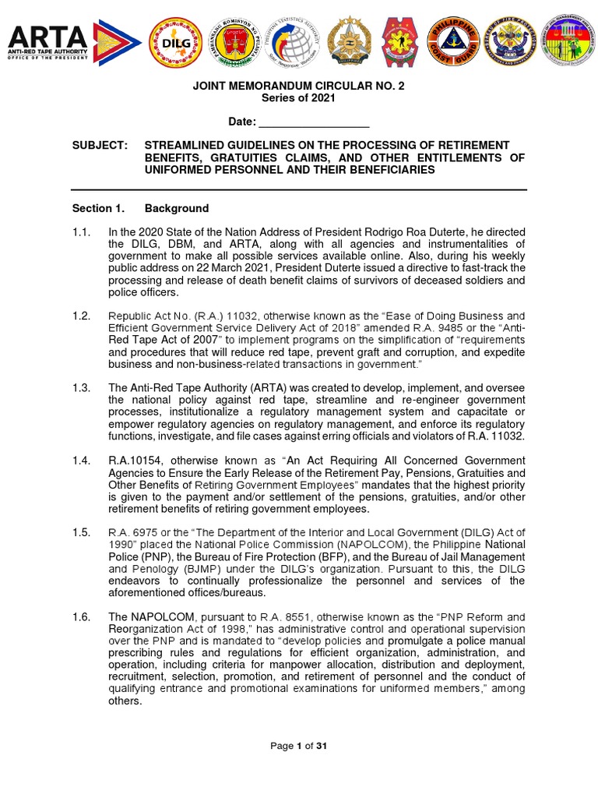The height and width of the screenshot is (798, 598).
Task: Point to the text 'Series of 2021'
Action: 298,97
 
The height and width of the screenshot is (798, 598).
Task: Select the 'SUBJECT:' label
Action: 98,146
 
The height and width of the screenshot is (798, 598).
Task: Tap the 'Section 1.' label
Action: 98,208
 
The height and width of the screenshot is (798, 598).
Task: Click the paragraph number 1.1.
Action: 82,232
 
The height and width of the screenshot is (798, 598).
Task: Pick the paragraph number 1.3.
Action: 82,388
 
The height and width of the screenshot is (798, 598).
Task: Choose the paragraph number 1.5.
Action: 82,531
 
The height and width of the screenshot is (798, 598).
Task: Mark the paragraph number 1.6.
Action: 82,617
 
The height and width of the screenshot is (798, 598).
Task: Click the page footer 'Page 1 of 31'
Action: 298,746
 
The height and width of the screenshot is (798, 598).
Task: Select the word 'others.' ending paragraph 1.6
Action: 125,701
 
